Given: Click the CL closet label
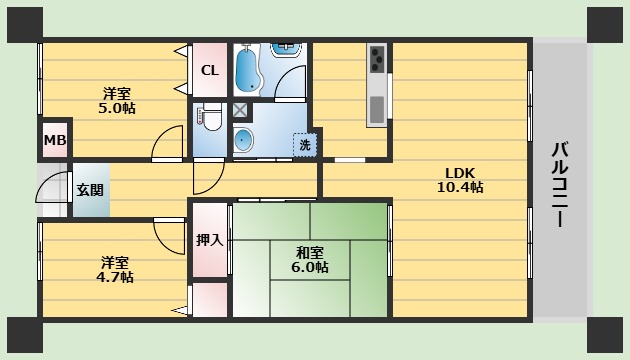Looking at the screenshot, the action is click(x=210, y=71).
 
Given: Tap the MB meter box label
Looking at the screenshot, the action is click(x=55, y=140).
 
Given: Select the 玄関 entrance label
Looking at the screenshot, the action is click(x=90, y=190).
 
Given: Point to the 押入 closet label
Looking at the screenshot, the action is click(x=209, y=240).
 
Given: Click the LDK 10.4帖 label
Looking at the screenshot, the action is click(x=460, y=180).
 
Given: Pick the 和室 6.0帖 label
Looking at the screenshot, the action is click(x=309, y=260).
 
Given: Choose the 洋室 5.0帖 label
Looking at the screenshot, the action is click(x=117, y=101).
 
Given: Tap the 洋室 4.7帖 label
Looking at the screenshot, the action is click(x=115, y=270).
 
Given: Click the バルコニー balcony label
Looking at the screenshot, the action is click(x=559, y=184).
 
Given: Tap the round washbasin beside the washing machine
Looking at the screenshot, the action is click(x=243, y=140).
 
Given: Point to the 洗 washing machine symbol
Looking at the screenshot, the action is click(x=305, y=145).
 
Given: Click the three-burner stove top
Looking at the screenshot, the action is click(x=377, y=58).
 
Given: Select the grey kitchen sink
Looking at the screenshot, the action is click(x=377, y=109).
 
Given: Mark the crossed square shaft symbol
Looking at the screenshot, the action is click(x=240, y=110).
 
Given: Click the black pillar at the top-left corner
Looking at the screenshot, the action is click(x=25, y=25).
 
